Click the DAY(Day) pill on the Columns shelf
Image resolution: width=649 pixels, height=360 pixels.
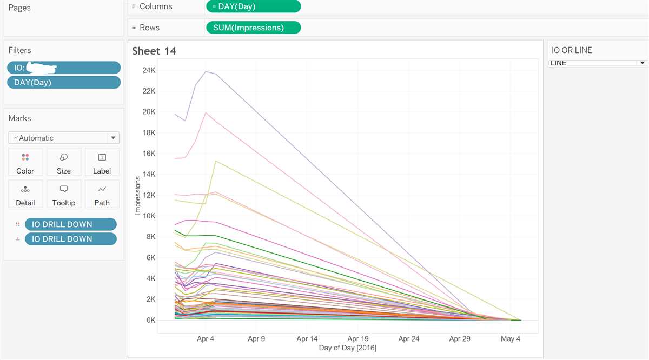253,6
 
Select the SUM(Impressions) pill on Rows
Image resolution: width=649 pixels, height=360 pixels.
253,28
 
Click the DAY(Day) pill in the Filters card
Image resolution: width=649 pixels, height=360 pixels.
64,82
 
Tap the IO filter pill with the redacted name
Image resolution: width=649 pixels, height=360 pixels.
64,68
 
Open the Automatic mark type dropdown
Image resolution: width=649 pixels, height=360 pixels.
64,138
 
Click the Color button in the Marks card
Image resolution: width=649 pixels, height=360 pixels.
25,162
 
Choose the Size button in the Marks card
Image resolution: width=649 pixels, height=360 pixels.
64,162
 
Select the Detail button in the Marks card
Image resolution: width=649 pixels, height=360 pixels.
25,194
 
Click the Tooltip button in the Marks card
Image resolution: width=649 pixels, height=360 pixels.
64,194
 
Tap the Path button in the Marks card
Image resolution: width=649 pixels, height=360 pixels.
102,194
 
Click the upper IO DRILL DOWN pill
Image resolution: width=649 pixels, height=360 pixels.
70,224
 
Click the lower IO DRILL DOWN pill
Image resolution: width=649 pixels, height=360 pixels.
70,239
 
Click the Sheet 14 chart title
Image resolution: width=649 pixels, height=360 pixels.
154,51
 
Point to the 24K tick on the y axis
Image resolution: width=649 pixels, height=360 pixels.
149,70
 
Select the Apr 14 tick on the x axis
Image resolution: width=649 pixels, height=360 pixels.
307,339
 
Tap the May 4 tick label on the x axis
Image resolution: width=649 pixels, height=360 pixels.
511,339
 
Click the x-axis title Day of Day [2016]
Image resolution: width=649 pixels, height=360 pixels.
347,348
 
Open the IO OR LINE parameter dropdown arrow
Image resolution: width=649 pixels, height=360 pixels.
643,63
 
